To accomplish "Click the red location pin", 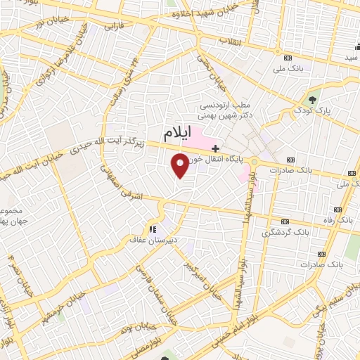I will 181,165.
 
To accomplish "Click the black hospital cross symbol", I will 215,148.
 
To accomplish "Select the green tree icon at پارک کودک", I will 313,98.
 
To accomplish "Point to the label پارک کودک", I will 314,110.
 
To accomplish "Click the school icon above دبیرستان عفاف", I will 151,229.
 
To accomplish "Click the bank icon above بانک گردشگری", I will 285,221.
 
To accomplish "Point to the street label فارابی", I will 114,27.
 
